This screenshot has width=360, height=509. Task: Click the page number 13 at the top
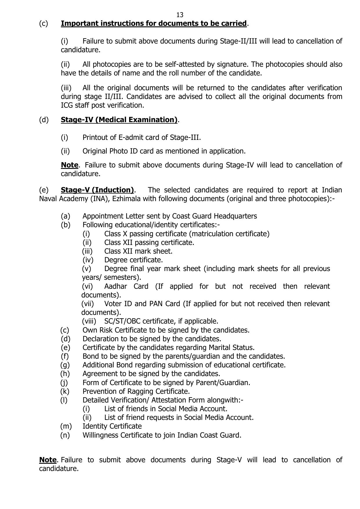(180, 15)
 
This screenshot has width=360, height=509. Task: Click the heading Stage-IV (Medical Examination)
(119, 120)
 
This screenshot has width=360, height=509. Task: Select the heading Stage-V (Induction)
(97, 190)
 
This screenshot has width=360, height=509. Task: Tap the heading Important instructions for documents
(153, 24)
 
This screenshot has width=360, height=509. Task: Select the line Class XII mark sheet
(138, 251)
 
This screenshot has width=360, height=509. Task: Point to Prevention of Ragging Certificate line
(136, 391)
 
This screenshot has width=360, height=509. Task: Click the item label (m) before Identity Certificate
(66, 426)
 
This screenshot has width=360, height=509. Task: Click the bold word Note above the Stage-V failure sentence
(48, 460)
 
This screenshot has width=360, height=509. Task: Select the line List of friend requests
(179, 418)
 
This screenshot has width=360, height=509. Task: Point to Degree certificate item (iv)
(133, 260)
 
